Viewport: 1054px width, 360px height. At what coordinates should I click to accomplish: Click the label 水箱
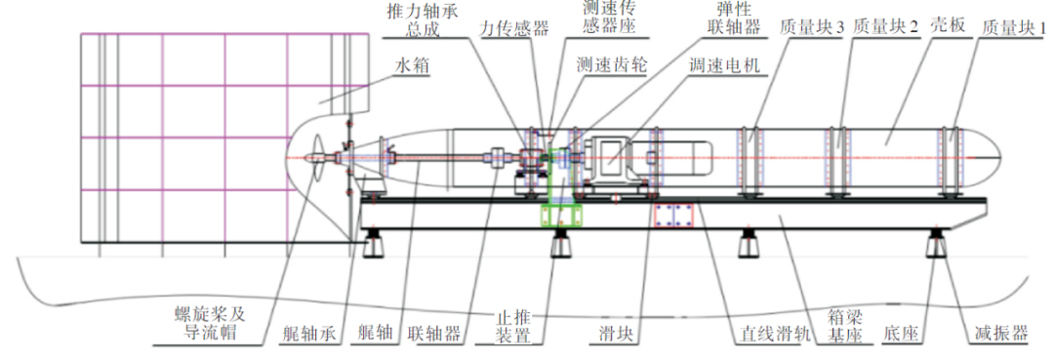(412, 66)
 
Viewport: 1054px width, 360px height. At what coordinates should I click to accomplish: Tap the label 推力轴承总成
(424, 20)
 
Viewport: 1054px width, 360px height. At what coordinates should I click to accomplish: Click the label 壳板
(947, 27)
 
